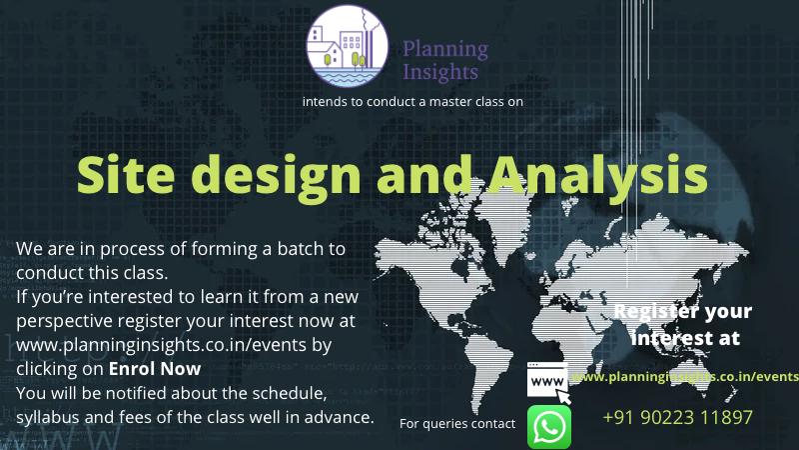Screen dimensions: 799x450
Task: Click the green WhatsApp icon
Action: pyautogui.click(x=548, y=427)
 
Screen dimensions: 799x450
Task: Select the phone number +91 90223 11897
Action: pyautogui.click(x=677, y=417)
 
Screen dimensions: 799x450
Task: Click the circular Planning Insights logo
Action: pyautogui.click(x=347, y=46)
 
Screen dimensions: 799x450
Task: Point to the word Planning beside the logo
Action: pyautogui.click(x=445, y=50)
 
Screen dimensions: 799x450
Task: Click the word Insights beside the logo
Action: pyautogui.click(x=440, y=72)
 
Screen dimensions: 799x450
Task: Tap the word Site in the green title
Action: pyautogui.click(x=126, y=174)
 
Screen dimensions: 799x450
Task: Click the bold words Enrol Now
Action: pyautogui.click(x=155, y=368)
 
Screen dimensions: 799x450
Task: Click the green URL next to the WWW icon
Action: pyautogui.click(x=685, y=377)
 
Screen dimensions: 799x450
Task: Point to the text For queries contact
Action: pyautogui.click(x=457, y=423)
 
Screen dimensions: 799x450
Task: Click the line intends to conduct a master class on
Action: pyautogui.click(x=412, y=102)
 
